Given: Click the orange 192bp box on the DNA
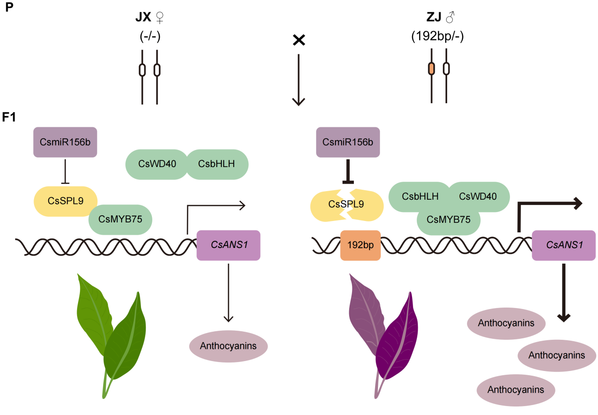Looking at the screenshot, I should (x=361, y=246).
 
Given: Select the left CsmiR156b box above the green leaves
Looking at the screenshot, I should (x=65, y=141).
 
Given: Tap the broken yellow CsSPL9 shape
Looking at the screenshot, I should (x=347, y=205).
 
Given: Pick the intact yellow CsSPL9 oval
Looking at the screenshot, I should (x=65, y=201).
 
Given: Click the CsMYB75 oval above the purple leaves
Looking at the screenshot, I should (x=448, y=219).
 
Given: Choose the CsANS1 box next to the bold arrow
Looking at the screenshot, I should (x=563, y=245).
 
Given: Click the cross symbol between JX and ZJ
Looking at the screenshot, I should (x=299, y=41).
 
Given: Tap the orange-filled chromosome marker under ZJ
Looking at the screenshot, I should (x=431, y=69).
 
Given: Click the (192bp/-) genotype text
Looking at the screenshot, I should (x=438, y=36).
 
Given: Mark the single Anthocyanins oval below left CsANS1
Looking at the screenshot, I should (x=229, y=346).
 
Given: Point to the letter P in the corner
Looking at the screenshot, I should (x=8, y=8).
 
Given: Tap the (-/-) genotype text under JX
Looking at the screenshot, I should (x=150, y=36).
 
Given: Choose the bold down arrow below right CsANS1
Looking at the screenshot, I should (x=563, y=293).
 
